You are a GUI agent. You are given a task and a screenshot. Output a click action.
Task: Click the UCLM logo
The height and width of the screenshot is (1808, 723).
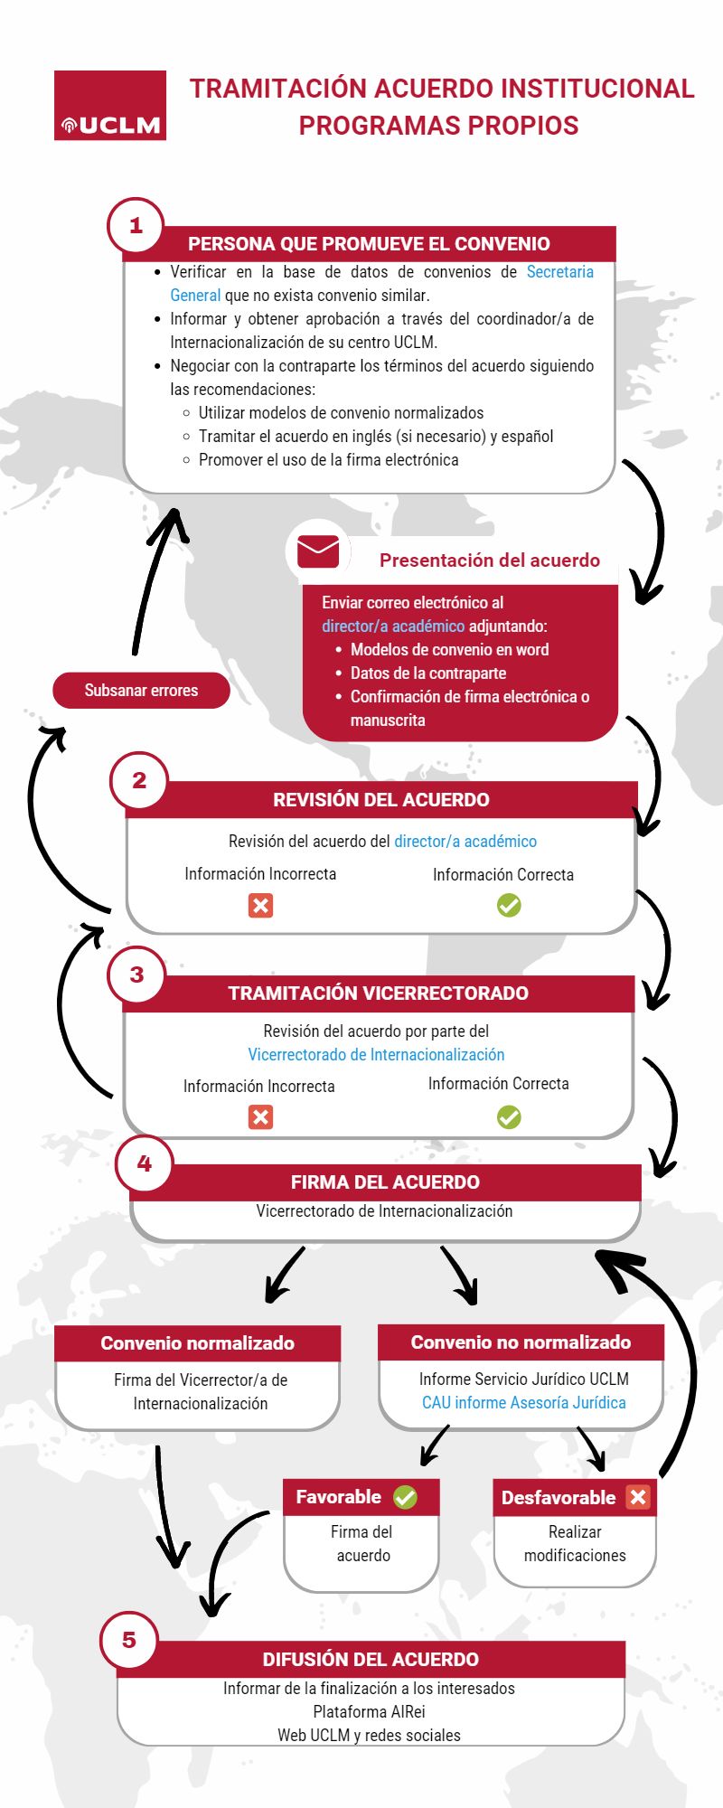(x=110, y=105)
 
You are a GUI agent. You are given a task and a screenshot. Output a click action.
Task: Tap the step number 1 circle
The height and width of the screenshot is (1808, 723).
(x=136, y=225)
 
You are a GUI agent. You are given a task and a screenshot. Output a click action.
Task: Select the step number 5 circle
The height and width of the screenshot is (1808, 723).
(x=129, y=1640)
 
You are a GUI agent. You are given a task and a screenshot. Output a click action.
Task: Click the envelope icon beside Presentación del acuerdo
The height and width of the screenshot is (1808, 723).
(x=318, y=551)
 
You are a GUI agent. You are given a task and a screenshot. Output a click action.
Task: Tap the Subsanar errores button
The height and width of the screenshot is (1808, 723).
(x=141, y=691)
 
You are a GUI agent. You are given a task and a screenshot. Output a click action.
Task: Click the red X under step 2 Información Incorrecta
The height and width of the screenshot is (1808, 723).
(x=260, y=905)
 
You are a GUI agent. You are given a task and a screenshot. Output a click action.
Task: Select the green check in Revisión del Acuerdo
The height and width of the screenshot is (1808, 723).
(x=509, y=905)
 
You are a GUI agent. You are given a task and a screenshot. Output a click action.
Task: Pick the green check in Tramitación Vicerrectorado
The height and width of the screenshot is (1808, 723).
(x=509, y=1117)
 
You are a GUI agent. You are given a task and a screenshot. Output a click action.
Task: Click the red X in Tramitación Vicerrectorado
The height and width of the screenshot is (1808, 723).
(x=260, y=1117)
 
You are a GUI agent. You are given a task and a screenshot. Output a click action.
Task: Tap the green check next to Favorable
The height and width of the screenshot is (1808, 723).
(x=405, y=1498)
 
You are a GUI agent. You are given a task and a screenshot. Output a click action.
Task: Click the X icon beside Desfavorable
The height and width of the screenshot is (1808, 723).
(x=638, y=1497)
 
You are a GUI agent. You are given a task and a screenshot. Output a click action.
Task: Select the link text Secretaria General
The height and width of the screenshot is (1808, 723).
(x=382, y=284)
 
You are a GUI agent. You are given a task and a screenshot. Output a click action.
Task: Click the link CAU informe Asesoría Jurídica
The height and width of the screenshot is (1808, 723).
(x=524, y=1403)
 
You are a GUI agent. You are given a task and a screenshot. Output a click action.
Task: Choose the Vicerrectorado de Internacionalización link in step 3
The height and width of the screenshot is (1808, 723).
(x=376, y=1055)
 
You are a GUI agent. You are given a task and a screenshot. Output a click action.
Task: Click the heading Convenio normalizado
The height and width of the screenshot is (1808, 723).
(x=197, y=1343)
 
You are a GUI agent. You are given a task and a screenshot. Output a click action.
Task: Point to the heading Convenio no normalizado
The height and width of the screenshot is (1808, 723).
(x=521, y=1342)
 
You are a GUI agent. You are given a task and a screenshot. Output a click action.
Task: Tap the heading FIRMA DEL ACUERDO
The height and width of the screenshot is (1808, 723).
(x=385, y=1182)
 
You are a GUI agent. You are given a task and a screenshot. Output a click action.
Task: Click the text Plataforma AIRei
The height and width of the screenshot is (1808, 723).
(x=369, y=1712)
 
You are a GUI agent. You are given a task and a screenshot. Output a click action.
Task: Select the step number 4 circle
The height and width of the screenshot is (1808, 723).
(x=144, y=1163)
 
